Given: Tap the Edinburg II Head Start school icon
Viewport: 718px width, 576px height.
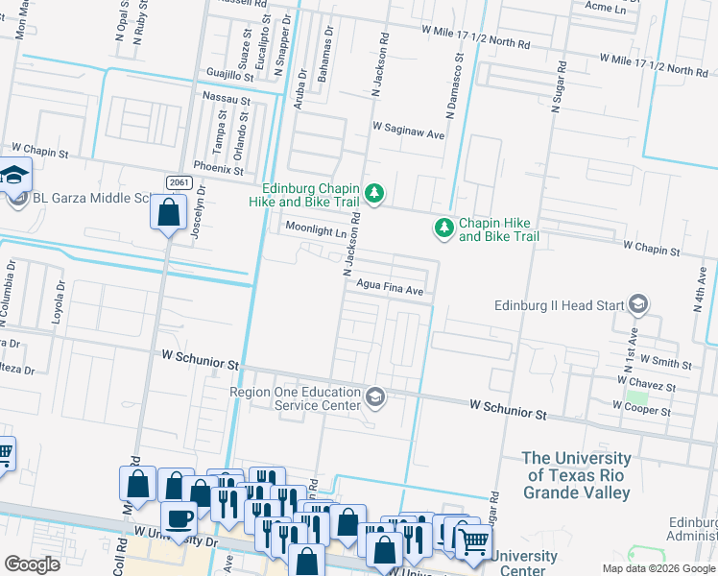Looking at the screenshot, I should [637, 305].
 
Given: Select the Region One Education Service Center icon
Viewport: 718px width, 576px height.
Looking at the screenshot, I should [374, 396].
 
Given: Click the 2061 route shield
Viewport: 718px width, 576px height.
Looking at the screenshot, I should [178, 182].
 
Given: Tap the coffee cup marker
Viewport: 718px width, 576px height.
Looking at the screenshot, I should [178, 518].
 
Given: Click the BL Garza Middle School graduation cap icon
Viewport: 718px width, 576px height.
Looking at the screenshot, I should [14, 176].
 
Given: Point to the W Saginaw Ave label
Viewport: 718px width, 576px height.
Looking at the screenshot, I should [409, 135].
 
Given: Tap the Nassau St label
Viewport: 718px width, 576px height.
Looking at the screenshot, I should [227, 98].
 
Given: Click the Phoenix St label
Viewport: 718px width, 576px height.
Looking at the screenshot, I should [219, 169].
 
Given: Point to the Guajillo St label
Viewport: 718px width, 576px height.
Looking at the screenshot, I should [227, 73].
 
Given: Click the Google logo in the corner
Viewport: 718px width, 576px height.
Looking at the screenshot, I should [32, 564].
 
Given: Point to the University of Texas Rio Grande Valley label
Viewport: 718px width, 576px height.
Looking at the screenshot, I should [577, 475].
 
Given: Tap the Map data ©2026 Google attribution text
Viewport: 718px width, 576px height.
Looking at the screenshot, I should [658, 568].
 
